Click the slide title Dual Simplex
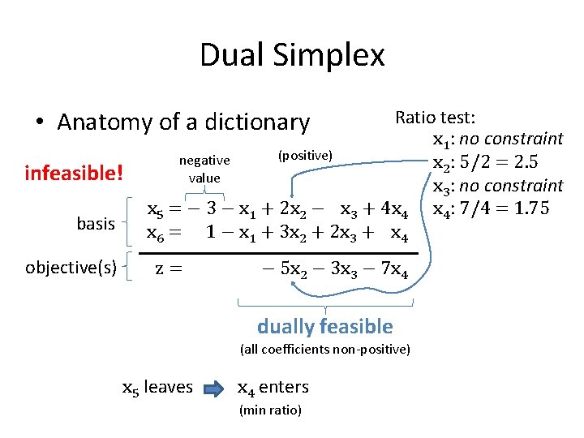(x=292, y=55)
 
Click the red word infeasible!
(x=74, y=173)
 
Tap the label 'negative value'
(x=204, y=169)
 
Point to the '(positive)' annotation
(x=304, y=154)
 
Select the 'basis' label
(x=96, y=223)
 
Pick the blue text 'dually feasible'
(x=324, y=326)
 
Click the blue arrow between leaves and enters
(x=214, y=388)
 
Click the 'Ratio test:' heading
(x=435, y=118)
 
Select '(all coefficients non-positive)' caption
(x=324, y=350)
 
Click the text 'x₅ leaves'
(x=157, y=387)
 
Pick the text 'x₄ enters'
(x=273, y=387)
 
